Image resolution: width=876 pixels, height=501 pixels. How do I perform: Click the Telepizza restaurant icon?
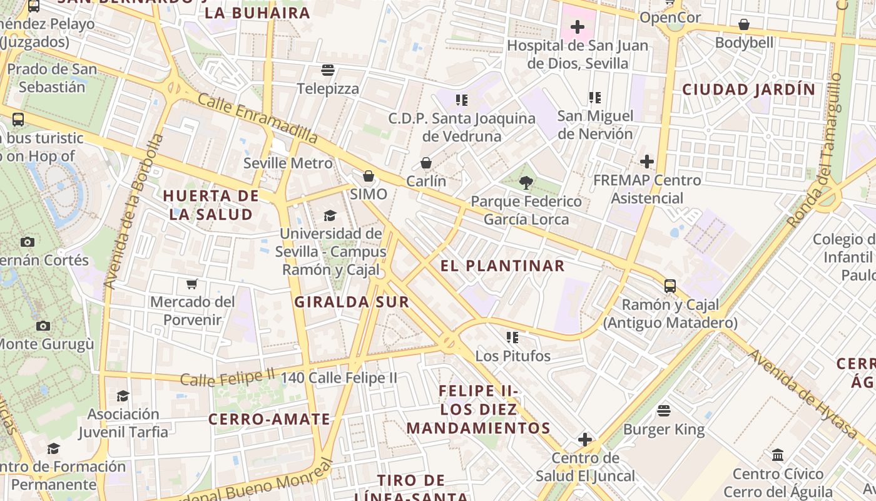click(x=328, y=70)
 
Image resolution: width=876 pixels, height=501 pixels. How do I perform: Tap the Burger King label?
click(x=664, y=430)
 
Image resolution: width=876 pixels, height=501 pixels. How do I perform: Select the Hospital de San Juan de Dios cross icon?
click(x=578, y=27)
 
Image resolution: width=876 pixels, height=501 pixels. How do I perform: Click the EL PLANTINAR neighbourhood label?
click(x=502, y=266)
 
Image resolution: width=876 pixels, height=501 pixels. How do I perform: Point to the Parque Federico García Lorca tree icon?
click(x=526, y=182)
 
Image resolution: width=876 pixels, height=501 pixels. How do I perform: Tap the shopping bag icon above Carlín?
click(x=426, y=163)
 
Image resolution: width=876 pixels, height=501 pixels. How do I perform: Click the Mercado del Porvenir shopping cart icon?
click(x=192, y=284)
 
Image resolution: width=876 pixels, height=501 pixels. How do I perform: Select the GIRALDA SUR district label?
click(x=352, y=302)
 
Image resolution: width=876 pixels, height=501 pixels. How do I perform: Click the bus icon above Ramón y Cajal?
click(x=670, y=286)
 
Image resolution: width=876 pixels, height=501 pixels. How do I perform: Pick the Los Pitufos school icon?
click(x=513, y=338)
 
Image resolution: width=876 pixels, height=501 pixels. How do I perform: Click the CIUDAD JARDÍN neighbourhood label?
click(x=749, y=89)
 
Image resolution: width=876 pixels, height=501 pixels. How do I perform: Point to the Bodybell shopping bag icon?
click(x=744, y=24)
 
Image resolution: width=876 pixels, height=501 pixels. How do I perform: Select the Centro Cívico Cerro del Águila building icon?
click(x=778, y=455)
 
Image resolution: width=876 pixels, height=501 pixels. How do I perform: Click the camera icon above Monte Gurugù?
click(x=43, y=326)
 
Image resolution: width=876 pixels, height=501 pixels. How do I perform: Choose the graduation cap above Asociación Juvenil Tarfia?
click(x=123, y=396)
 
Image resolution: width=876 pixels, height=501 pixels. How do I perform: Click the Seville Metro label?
click(x=288, y=163)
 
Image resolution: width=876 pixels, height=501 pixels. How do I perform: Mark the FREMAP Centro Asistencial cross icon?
click(x=647, y=162)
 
